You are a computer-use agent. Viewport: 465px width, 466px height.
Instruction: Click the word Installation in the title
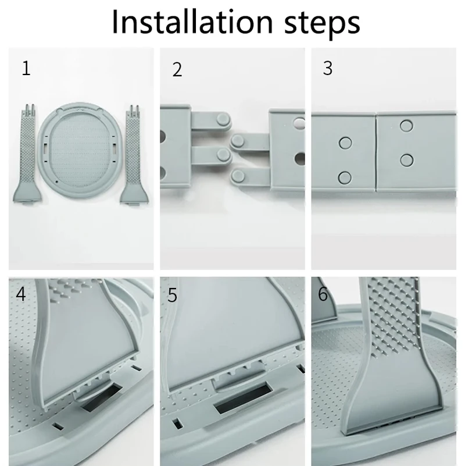point(192,22)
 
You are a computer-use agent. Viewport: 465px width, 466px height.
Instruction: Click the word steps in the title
point(322,24)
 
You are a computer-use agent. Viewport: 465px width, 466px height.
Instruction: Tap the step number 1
point(26,68)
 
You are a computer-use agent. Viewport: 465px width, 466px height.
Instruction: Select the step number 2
point(177,70)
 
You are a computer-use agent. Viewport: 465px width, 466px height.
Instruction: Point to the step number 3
point(327,68)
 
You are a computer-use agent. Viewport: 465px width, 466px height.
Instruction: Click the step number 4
point(21,294)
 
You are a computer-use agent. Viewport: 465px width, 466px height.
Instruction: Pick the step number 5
point(172,295)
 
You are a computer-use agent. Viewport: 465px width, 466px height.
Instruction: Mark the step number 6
point(323,294)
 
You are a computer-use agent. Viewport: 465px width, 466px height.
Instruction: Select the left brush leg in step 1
point(27,155)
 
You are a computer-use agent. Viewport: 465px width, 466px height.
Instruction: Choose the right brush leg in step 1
point(134,155)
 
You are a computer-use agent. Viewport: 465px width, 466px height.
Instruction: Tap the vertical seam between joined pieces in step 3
point(376,152)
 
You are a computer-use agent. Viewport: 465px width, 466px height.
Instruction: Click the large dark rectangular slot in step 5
point(244,399)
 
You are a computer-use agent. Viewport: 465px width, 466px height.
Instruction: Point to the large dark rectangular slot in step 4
point(102,397)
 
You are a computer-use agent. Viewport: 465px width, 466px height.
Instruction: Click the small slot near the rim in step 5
point(177,424)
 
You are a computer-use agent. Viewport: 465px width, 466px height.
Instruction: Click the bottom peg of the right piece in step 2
point(238,176)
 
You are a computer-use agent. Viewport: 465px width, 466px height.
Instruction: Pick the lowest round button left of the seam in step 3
point(345,177)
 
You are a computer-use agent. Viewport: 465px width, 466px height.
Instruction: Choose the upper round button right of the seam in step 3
point(406,126)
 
